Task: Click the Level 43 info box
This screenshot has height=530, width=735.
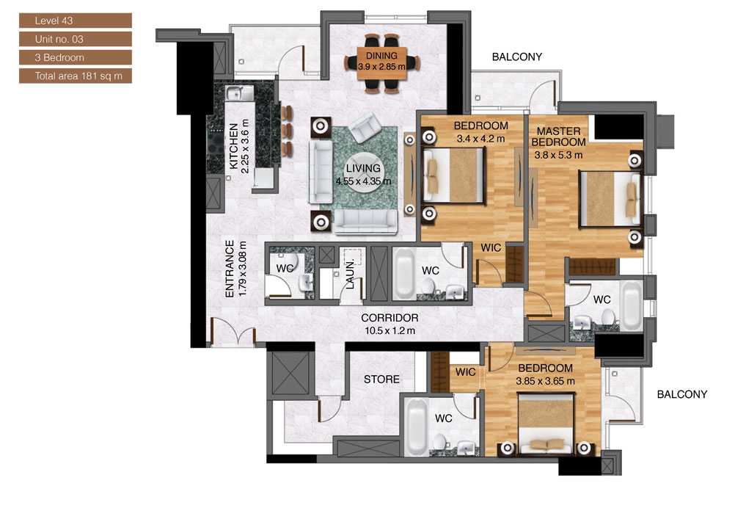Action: [x=76, y=21]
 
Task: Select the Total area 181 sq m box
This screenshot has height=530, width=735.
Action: [x=76, y=76]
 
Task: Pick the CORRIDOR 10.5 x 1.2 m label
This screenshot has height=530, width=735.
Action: [x=390, y=324]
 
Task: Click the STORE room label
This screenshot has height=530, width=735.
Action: [x=382, y=380]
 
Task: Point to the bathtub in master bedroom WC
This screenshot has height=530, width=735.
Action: [x=631, y=302]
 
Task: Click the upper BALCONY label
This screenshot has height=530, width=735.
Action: [x=516, y=57]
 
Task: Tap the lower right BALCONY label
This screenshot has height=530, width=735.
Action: [x=681, y=394]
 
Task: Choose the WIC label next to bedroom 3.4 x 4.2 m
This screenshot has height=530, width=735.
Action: [x=491, y=248]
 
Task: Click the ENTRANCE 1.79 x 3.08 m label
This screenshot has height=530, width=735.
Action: [x=235, y=269]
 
